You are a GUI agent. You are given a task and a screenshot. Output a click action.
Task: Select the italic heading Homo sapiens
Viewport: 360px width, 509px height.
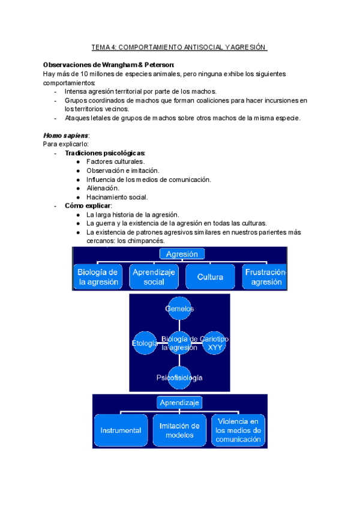click(65, 136)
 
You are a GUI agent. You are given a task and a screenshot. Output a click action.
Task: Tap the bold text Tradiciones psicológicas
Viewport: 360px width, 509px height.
click(105, 153)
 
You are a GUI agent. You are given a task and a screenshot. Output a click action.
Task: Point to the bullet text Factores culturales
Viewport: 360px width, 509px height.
click(115, 162)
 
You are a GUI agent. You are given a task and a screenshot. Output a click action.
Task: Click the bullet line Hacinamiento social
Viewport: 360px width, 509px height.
click(117, 197)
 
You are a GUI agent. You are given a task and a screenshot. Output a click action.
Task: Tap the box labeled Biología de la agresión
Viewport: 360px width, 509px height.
click(97, 277)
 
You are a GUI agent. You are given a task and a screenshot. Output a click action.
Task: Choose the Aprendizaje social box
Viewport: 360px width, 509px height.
click(154, 277)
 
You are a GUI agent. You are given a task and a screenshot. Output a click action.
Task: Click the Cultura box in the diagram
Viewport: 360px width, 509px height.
click(210, 277)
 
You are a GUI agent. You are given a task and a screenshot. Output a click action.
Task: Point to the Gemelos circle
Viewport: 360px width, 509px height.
click(180, 309)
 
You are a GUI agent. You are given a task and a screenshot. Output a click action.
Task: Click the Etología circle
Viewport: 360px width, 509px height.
click(145, 343)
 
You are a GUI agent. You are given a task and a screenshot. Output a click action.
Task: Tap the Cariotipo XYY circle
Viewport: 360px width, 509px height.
click(214, 343)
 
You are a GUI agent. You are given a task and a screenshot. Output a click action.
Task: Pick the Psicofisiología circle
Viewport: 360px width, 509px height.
click(180, 378)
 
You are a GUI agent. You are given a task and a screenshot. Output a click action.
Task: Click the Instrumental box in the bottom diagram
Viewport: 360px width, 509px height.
click(121, 430)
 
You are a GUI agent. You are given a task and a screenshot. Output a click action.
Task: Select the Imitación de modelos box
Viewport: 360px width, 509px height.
click(179, 430)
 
